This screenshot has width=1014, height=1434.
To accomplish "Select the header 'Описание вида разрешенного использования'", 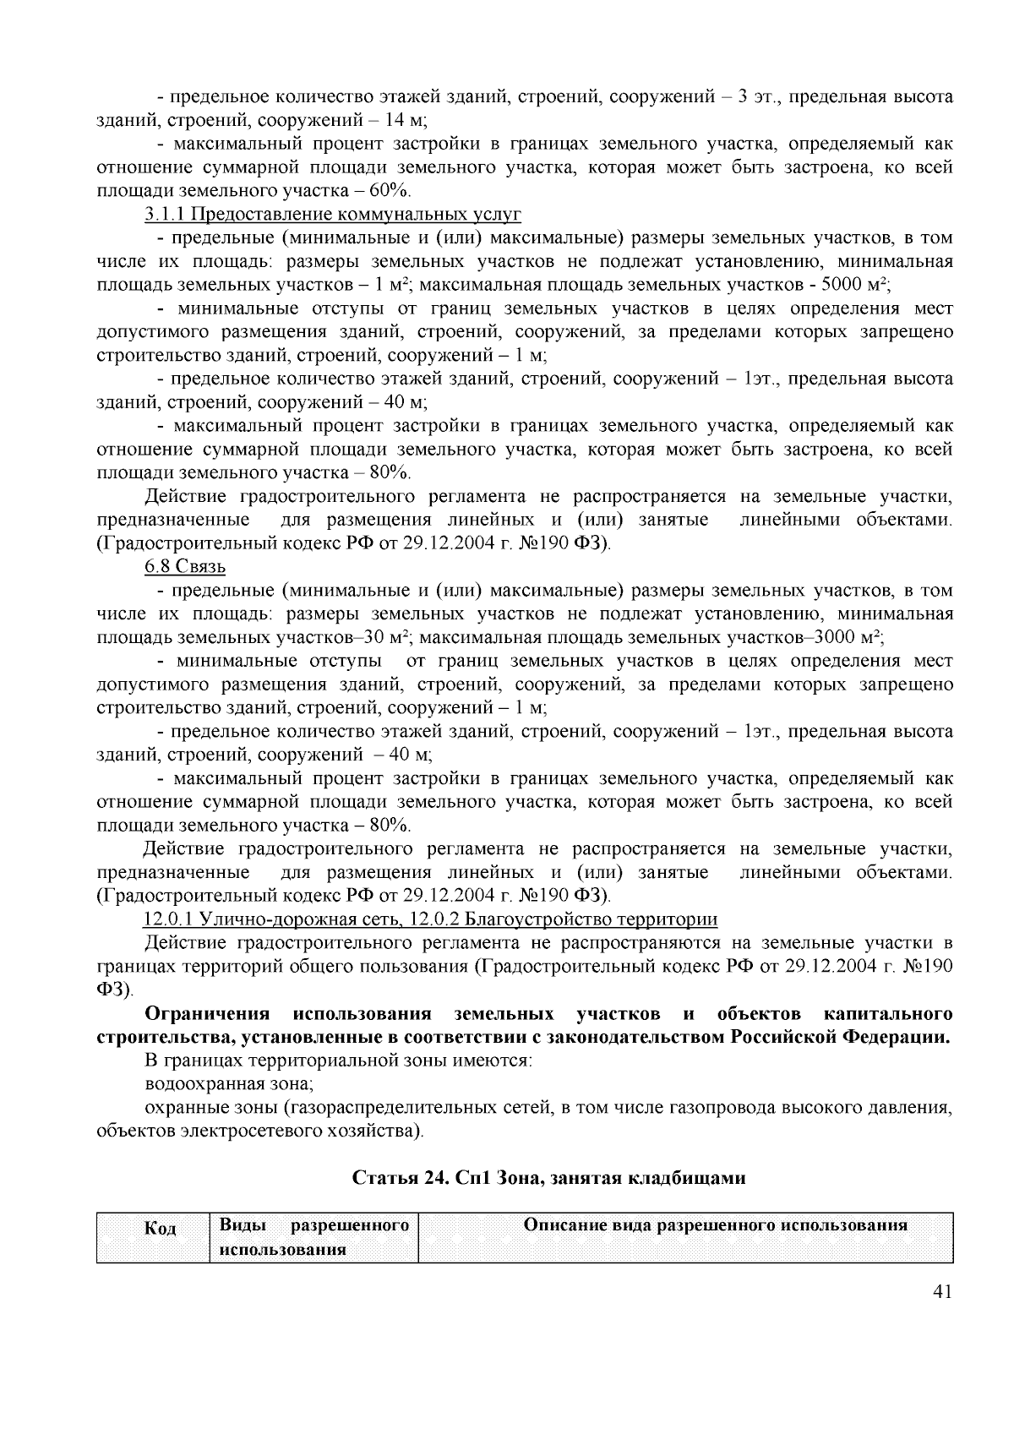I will (716, 1224).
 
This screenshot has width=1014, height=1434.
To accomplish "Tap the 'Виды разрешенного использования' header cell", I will (313, 1237).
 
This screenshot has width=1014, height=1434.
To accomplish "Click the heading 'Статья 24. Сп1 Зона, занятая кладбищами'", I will (548, 1178).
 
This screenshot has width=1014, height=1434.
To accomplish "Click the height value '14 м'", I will (406, 120).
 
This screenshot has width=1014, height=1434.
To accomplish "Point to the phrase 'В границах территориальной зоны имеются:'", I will (338, 1061).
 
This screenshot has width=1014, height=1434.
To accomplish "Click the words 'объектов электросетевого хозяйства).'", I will (260, 1131).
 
